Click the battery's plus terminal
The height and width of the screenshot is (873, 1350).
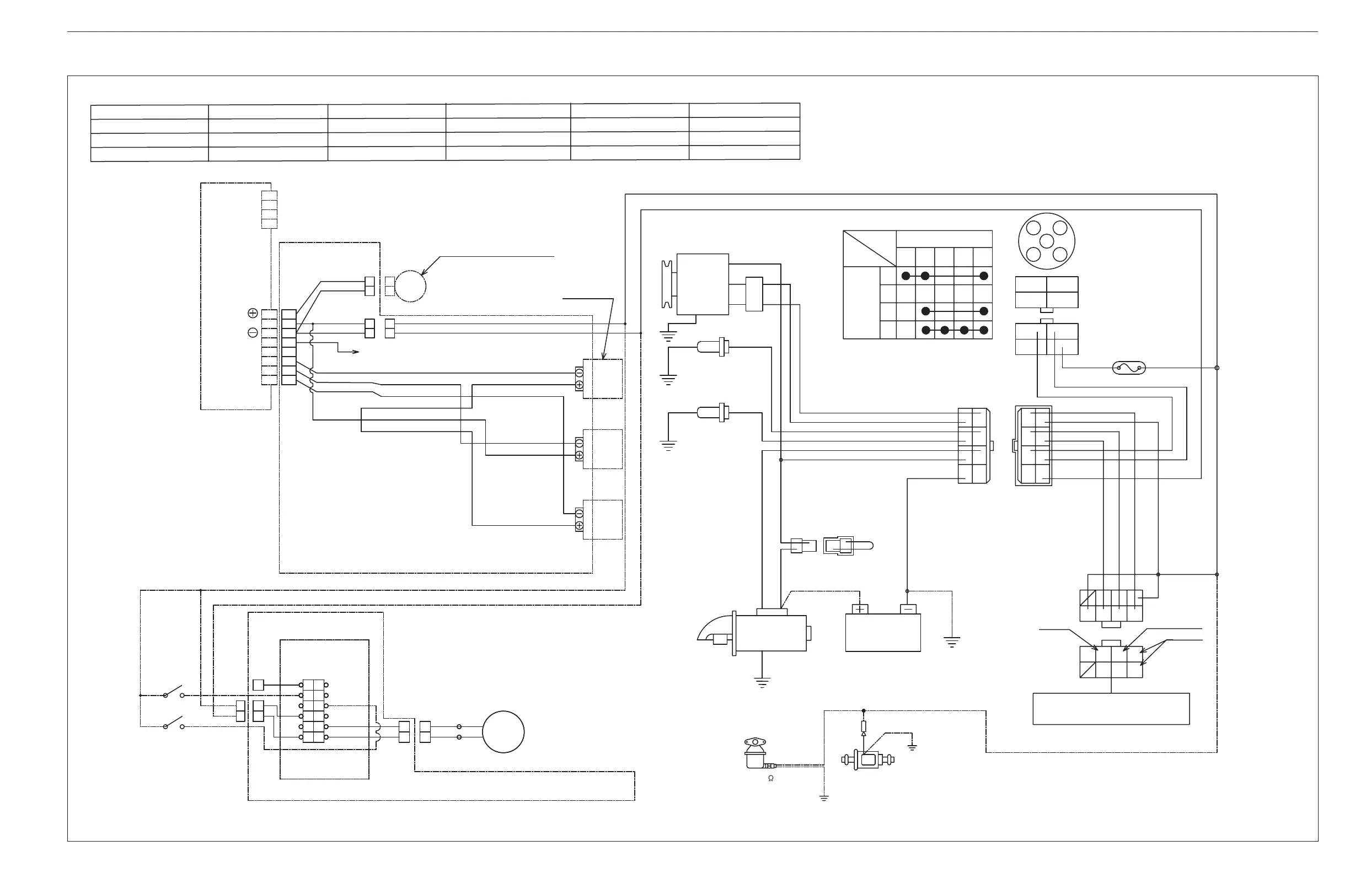tap(860, 610)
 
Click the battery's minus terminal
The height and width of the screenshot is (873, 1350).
tap(908, 610)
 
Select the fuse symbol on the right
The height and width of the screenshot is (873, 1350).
tap(1129, 369)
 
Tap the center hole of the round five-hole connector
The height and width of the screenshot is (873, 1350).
tap(1047, 241)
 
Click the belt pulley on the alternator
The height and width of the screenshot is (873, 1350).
tap(667, 284)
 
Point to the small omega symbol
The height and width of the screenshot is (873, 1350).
tap(770, 779)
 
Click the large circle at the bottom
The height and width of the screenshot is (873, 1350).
tap(503, 732)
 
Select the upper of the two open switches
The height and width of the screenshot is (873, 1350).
tap(173, 692)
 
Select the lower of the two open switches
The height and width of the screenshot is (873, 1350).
tap(173, 723)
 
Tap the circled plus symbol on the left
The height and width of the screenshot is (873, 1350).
tap(253, 313)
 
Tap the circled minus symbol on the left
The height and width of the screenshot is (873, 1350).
tap(253, 333)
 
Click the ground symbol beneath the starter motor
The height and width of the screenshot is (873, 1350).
tap(762, 682)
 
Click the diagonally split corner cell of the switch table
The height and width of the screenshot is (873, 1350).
tap(870, 249)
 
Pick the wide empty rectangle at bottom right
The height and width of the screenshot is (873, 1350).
tap(1111, 709)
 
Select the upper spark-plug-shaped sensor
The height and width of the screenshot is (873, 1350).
tap(712, 346)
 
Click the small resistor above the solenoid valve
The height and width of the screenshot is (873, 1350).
tap(863, 726)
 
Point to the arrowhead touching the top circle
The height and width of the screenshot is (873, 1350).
tap(423, 273)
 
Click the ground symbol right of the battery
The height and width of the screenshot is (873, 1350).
tap(952, 642)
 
